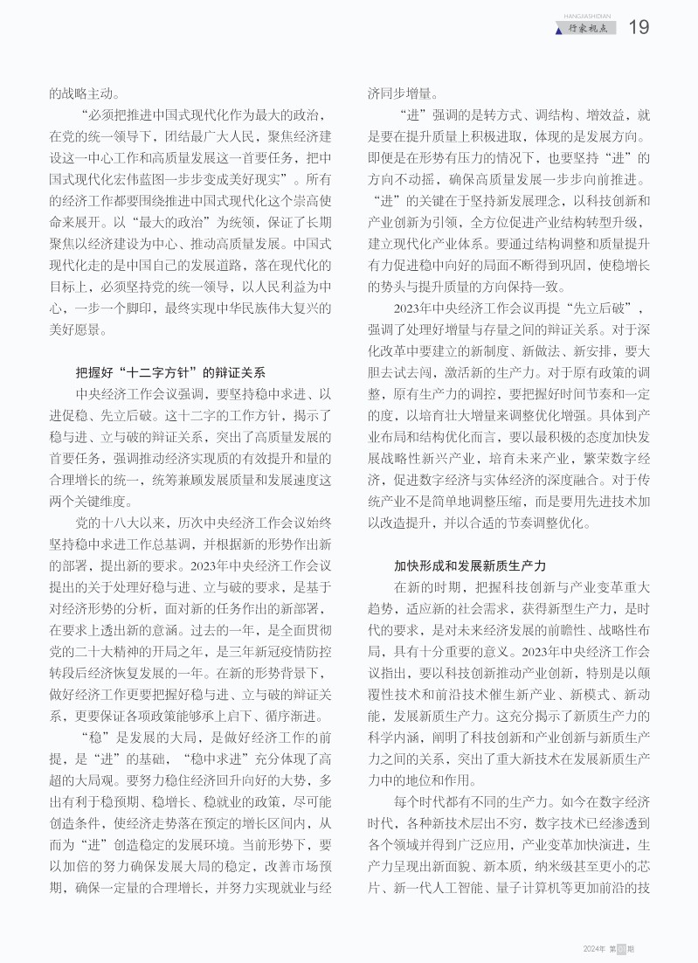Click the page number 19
639,28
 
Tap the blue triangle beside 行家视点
559,31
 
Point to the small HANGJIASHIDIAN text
591,15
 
